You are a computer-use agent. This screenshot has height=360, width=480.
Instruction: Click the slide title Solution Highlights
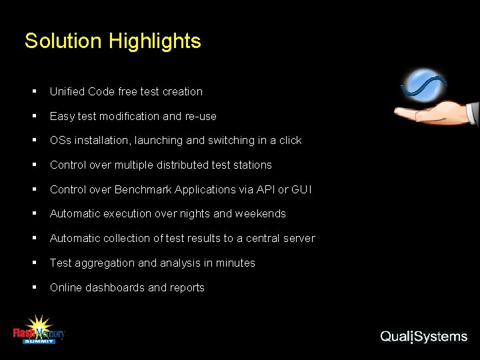click(x=112, y=41)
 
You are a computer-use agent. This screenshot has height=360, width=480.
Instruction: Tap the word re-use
click(x=201, y=116)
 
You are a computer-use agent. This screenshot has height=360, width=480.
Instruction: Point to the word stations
click(x=251, y=165)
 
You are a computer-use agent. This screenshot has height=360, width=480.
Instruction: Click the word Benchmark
click(x=143, y=189)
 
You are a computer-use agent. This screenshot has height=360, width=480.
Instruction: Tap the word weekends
click(x=261, y=214)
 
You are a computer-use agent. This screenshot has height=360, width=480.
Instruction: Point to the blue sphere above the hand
click(x=424, y=85)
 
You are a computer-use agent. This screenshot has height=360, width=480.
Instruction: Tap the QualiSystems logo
click(x=423, y=336)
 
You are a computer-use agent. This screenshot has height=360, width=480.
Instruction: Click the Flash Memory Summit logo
click(x=39, y=330)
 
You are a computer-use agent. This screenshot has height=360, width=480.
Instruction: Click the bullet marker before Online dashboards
click(x=34, y=288)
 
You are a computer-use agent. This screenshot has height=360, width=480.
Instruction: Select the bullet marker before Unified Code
click(x=34, y=91)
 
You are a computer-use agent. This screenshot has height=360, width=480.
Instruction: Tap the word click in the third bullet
click(x=289, y=140)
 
